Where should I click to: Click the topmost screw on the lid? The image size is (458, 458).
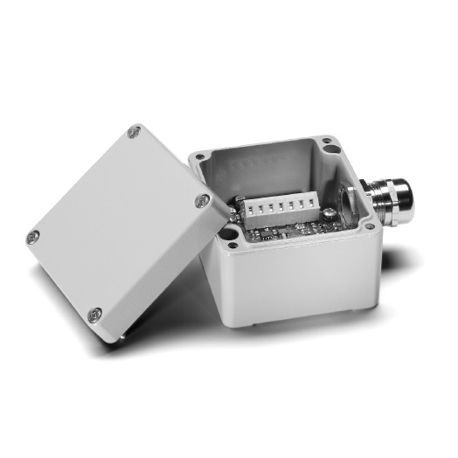[134, 132]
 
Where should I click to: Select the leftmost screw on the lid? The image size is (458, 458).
[33, 235]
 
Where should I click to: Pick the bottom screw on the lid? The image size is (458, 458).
[95, 314]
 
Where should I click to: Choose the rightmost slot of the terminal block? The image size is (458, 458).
[305, 206]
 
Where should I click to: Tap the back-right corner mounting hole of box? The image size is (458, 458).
[325, 141]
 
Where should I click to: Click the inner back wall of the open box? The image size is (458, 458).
[262, 170]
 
